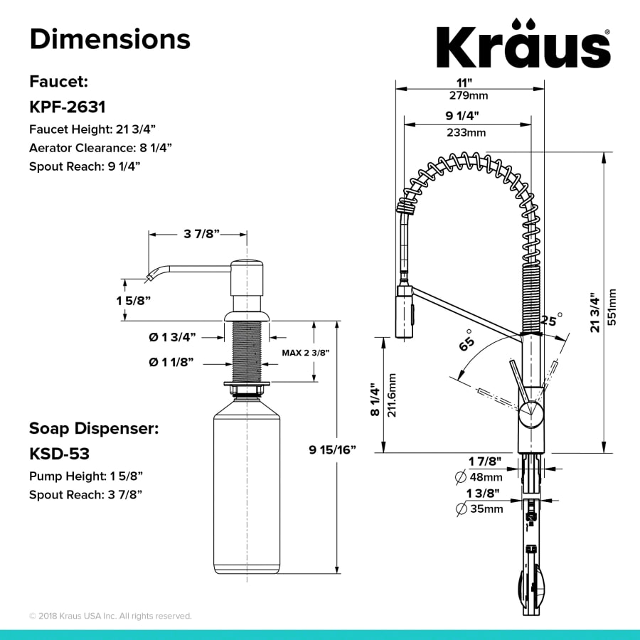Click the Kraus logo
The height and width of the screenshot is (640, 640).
pos(523,46)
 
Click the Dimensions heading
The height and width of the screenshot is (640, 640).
pos(110,39)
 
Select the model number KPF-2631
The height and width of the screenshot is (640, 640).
pos(68,107)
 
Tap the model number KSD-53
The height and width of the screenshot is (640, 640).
pos(59,452)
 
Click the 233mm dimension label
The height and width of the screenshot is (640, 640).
pos(466,132)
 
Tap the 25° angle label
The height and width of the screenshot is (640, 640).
pos(551,320)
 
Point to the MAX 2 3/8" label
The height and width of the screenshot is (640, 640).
pos(305,352)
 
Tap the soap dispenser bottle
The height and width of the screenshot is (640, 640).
pos(245,491)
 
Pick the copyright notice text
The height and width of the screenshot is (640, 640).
pos(110,616)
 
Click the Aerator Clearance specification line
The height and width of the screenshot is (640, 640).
pos(100,148)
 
